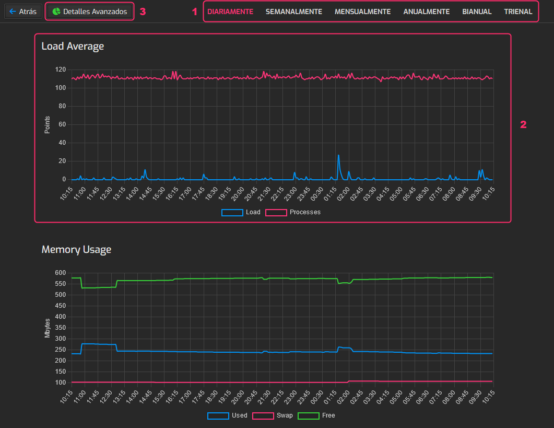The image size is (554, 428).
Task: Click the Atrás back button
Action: click(23, 11)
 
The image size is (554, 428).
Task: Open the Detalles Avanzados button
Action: click(90, 11)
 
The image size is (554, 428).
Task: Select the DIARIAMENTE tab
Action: click(230, 11)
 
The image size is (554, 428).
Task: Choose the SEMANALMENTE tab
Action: click(294, 11)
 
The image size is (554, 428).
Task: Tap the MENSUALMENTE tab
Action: click(362, 11)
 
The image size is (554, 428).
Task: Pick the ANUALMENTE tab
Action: click(426, 11)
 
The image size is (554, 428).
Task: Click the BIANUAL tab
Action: click(477, 11)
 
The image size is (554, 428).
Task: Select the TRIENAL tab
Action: click(518, 11)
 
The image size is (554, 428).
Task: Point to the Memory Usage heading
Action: click(76, 249)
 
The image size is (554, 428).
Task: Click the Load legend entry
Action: click(241, 212)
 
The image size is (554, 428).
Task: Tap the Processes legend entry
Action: click(293, 212)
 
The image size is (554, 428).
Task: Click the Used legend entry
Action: click(228, 415)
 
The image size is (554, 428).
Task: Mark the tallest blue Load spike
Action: click(338, 156)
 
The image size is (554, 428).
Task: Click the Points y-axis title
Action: click(48, 124)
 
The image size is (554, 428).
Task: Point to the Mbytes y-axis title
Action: click(48, 328)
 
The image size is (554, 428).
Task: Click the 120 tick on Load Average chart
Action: click(60, 70)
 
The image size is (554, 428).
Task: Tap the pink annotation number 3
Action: click(143, 11)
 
